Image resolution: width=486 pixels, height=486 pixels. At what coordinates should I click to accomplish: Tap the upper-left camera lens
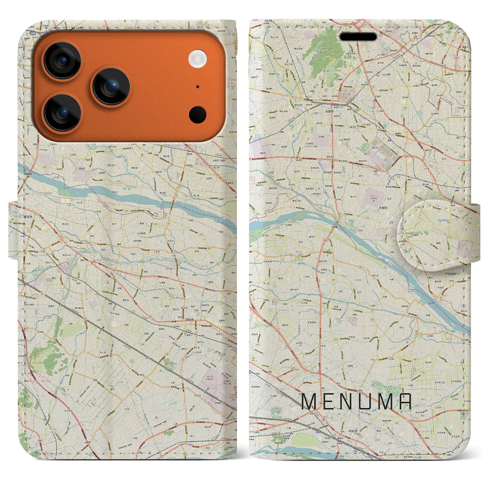point(62,61)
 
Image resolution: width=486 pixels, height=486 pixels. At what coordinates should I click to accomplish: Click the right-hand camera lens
point(111,87)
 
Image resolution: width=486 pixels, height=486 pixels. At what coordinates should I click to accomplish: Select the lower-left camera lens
point(63,112)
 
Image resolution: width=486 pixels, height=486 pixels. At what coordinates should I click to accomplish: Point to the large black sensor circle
point(197,114)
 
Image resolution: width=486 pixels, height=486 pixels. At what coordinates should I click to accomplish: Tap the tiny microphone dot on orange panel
point(197,87)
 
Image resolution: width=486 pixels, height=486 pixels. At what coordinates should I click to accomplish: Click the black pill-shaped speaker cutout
point(358,37)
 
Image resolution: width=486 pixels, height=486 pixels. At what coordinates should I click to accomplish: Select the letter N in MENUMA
point(349,402)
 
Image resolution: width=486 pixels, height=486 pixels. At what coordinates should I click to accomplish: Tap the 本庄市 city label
point(29,217)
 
